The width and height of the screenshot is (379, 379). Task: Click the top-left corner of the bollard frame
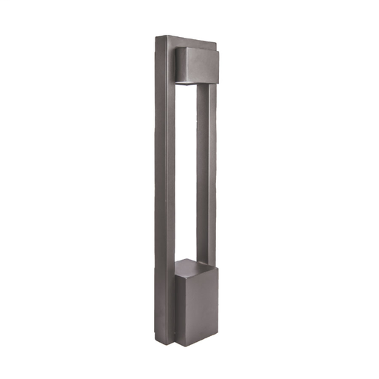click(x=156, y=36)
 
